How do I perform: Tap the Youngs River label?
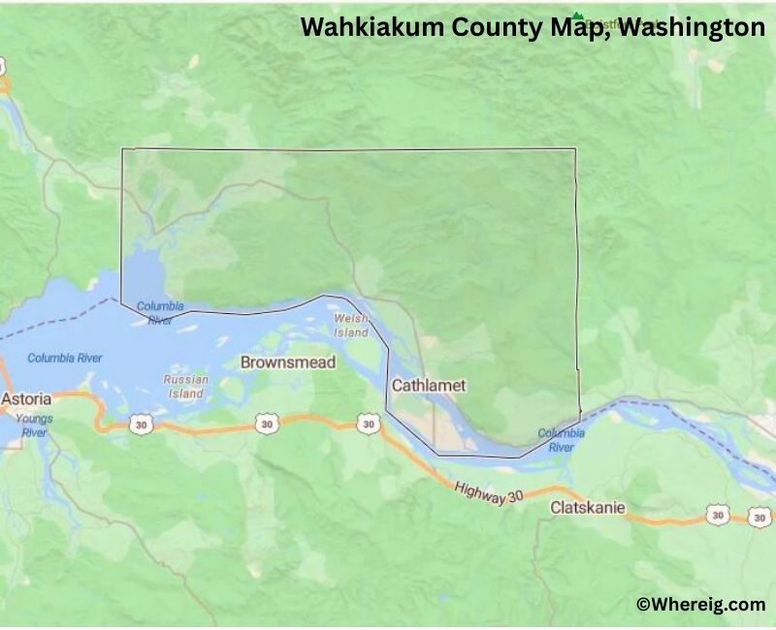(34, 425)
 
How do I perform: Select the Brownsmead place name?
(288, 362)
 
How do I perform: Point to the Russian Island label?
(184, 387)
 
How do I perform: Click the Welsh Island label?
(351, 326)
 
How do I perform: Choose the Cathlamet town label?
(429, 385)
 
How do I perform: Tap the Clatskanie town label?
(588, 507)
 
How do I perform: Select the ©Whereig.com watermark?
(700, 604)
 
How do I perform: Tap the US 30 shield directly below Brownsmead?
(267, 423)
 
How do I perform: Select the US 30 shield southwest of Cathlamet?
(367, 424)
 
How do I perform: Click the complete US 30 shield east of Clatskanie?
(717, 515)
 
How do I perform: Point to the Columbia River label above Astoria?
(64, 358)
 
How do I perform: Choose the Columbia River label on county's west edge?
(160, 312)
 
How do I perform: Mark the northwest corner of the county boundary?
(122, 149)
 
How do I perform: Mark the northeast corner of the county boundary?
(575, 149)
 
